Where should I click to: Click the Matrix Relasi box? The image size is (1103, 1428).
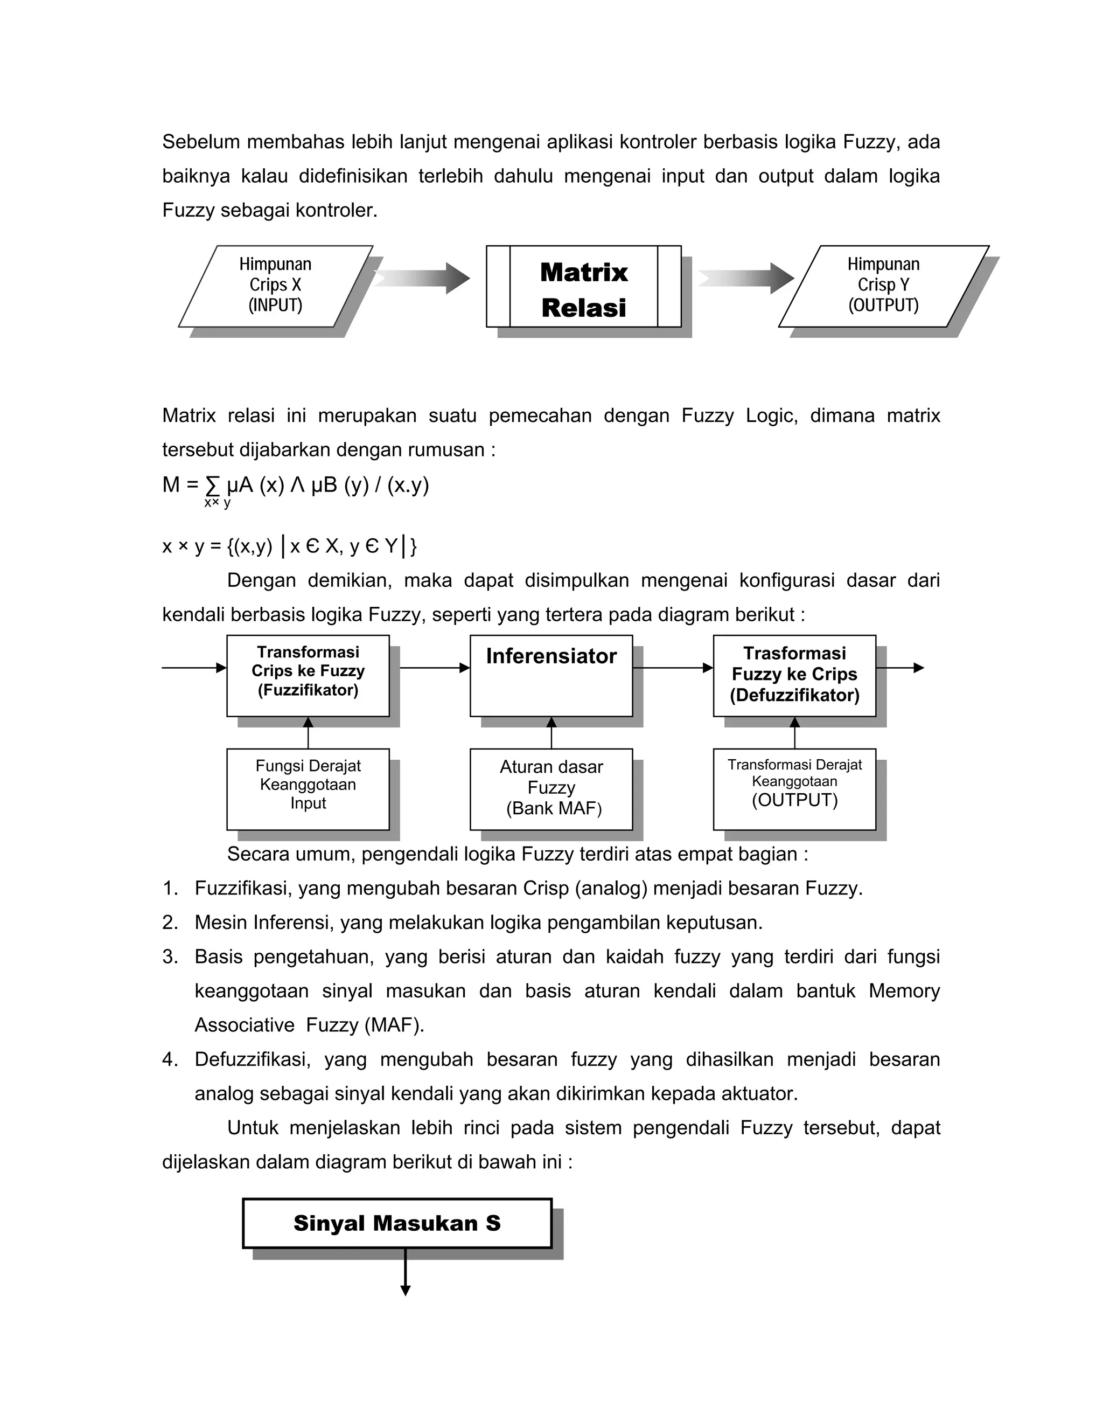(x=583, y=286)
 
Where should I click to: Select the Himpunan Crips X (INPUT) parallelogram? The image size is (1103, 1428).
(x=275, y=286)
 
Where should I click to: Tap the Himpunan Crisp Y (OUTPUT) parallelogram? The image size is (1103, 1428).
(x=883, y=286)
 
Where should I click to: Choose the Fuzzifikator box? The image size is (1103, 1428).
(x=308, y=675)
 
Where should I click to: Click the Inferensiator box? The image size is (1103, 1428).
(x=551, y=675)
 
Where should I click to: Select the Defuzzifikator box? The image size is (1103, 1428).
(x=794, y=675)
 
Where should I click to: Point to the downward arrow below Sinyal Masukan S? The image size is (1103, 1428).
(x=405, y=1272)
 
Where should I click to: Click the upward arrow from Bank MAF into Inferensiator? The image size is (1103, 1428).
(x=551, y=733)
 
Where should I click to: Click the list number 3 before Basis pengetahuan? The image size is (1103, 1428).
(x=170, y=957)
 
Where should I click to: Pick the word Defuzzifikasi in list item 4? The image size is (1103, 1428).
(x=252, y=1060)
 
